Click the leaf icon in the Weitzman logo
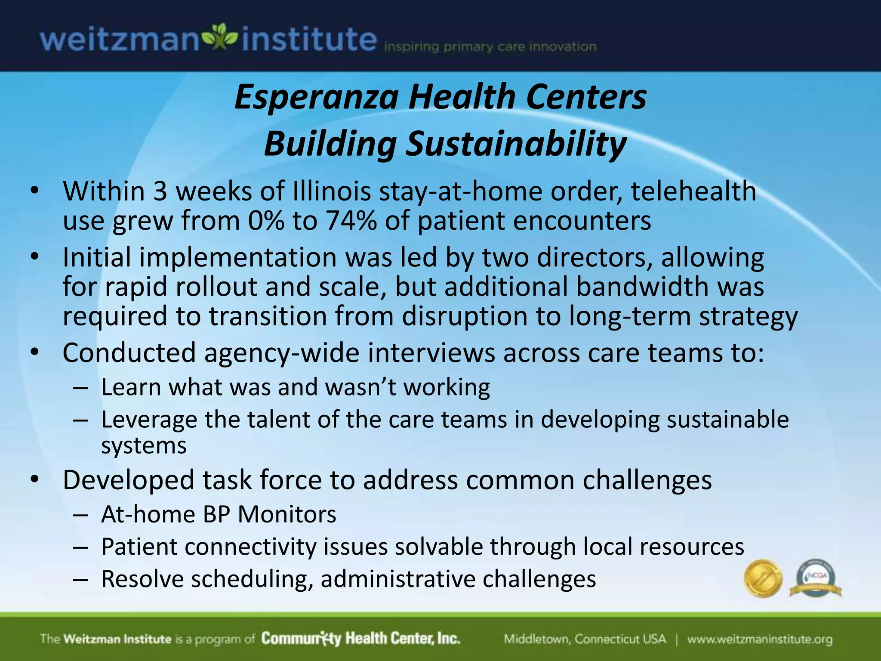pos(220,38)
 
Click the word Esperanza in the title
pos(316,97)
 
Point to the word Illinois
pos(331,191)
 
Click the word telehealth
pos(693,191)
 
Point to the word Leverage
pos(149,420)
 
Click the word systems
pos(144,446)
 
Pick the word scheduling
pos(252,579)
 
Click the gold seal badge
pos(763,578)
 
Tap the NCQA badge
pos(815,578)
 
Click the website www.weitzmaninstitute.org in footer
pos(759,639)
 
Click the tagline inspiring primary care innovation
pos(490,47)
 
